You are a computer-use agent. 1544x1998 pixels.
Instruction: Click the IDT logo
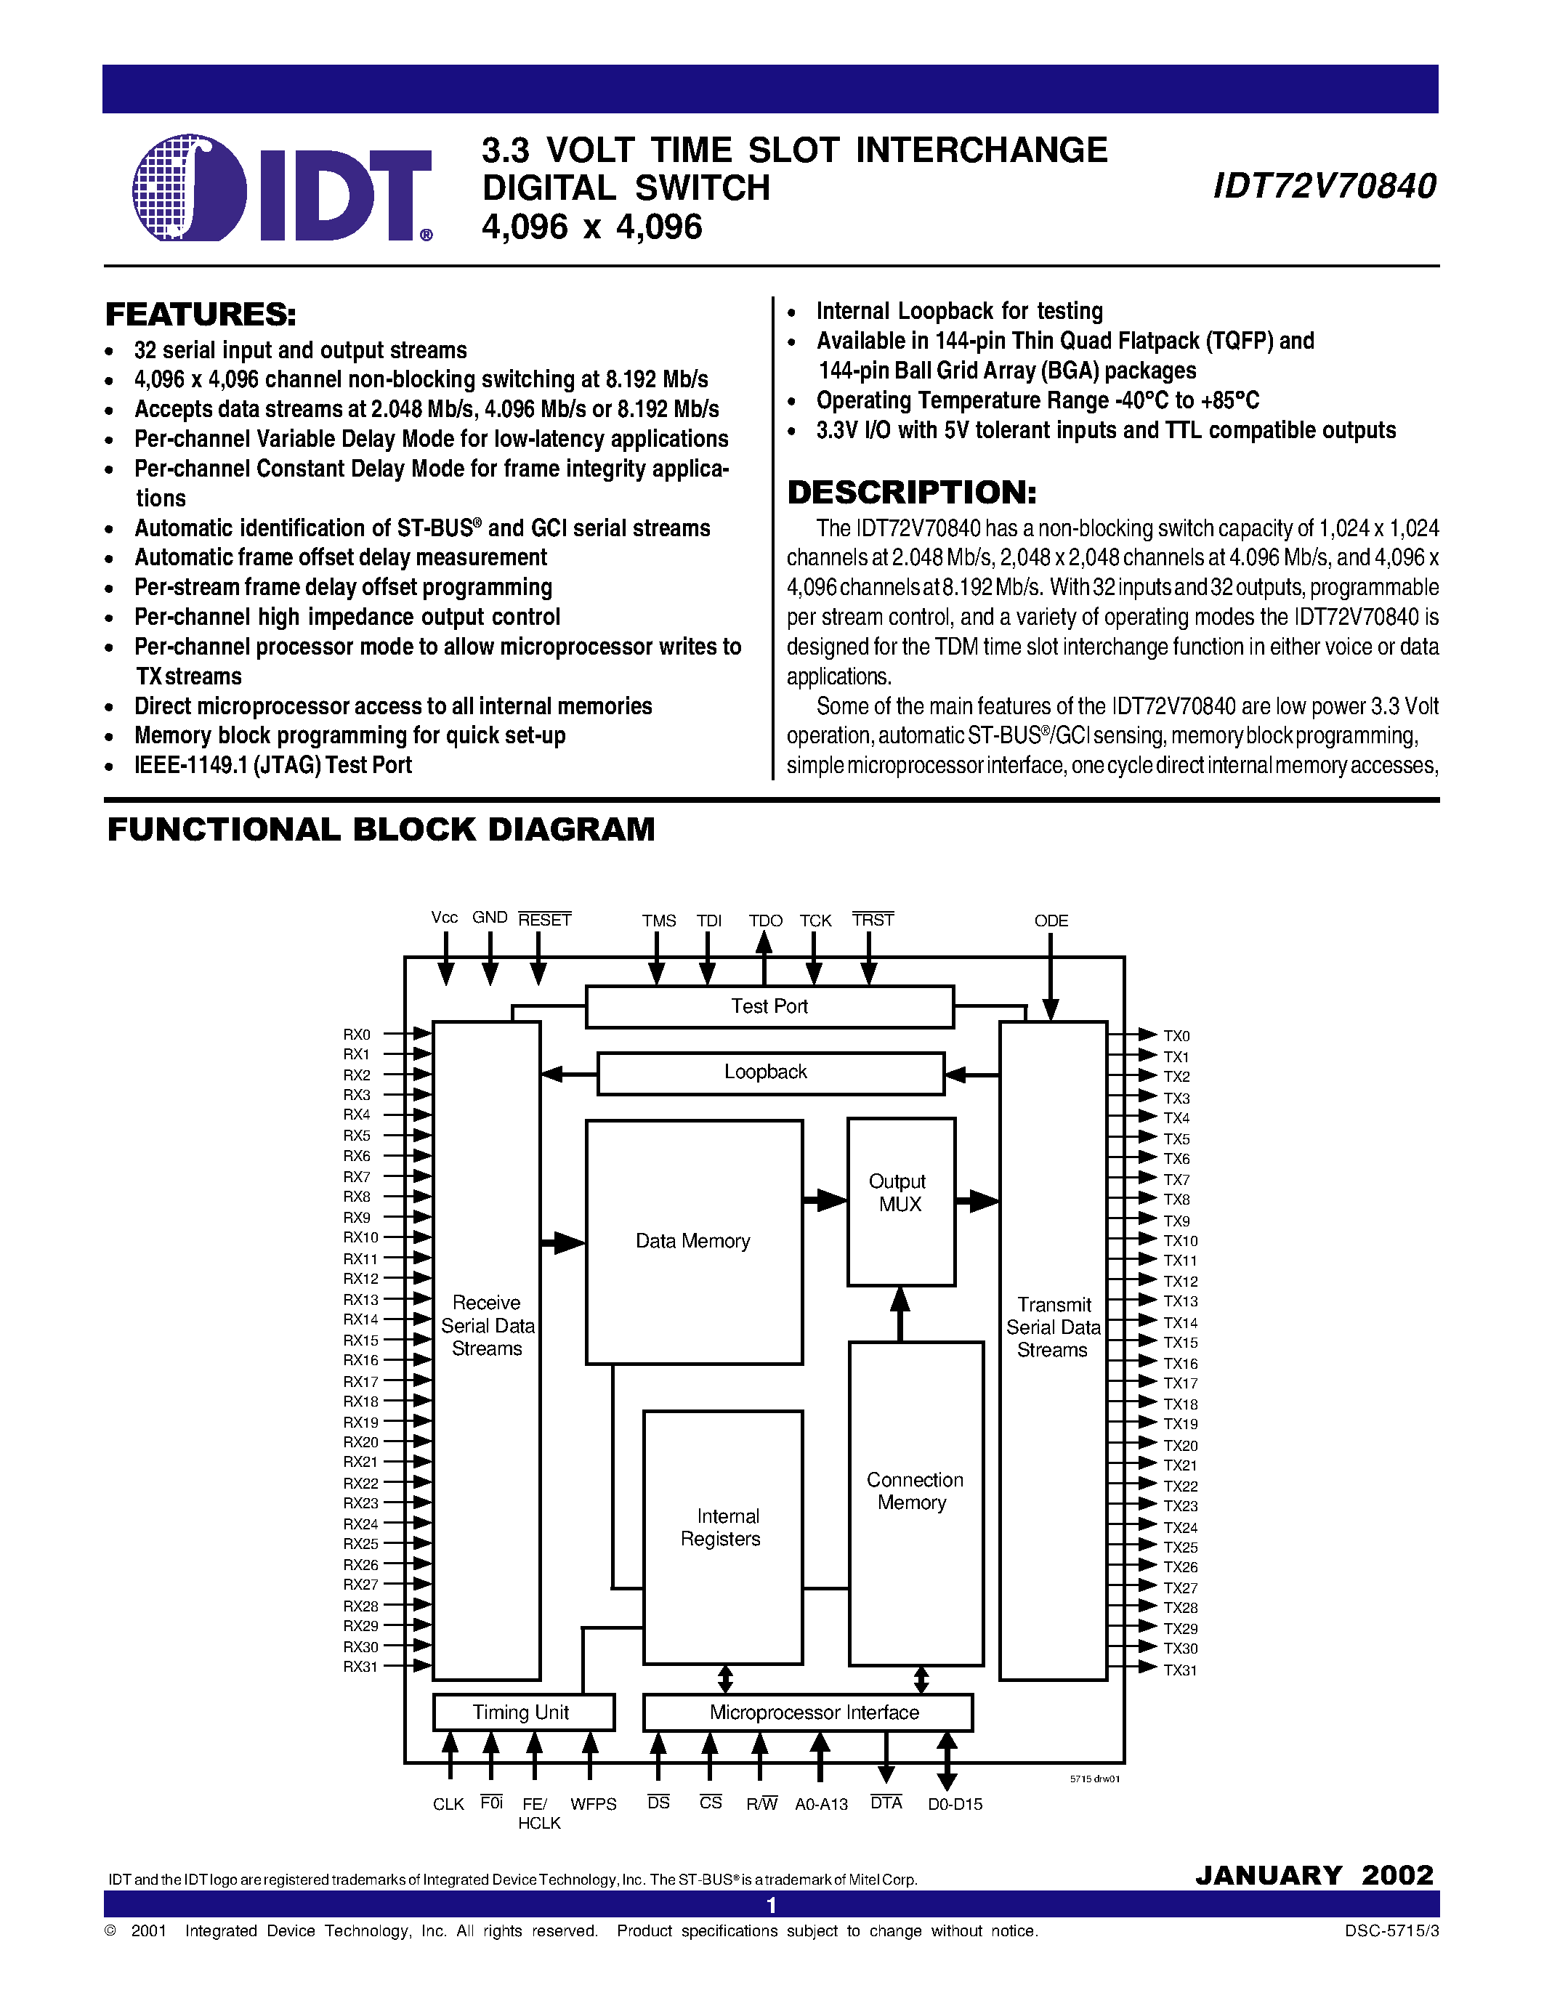pos(282,190)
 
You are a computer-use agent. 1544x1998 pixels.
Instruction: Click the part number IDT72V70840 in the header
pos(1324,187)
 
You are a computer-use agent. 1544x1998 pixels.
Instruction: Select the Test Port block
pos(769,1006)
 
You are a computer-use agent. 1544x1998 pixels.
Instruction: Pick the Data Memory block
pos(693,1242)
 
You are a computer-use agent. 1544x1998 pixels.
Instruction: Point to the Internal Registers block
pos(723,1537)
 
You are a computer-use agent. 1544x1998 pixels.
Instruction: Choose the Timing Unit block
pos(522,1712)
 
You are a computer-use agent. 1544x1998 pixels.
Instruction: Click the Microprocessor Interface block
pos(808,1712)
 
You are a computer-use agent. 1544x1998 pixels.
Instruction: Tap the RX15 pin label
pos(360,1340)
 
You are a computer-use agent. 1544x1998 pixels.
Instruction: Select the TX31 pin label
pos(1180,1670)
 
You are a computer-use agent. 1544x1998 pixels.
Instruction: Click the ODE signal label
pos(1051,921)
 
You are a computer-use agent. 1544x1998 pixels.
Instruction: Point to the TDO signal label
pos(766,921)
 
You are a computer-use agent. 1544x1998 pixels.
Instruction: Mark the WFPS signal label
pos(593,1805)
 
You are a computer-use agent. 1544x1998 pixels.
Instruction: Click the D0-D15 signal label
pos(955,1805)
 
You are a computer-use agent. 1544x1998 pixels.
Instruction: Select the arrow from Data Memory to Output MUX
pos(825,1200)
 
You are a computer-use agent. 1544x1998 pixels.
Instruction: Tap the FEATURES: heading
pos(201,315)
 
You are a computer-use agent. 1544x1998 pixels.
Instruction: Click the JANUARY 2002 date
pos(1314,1875)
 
